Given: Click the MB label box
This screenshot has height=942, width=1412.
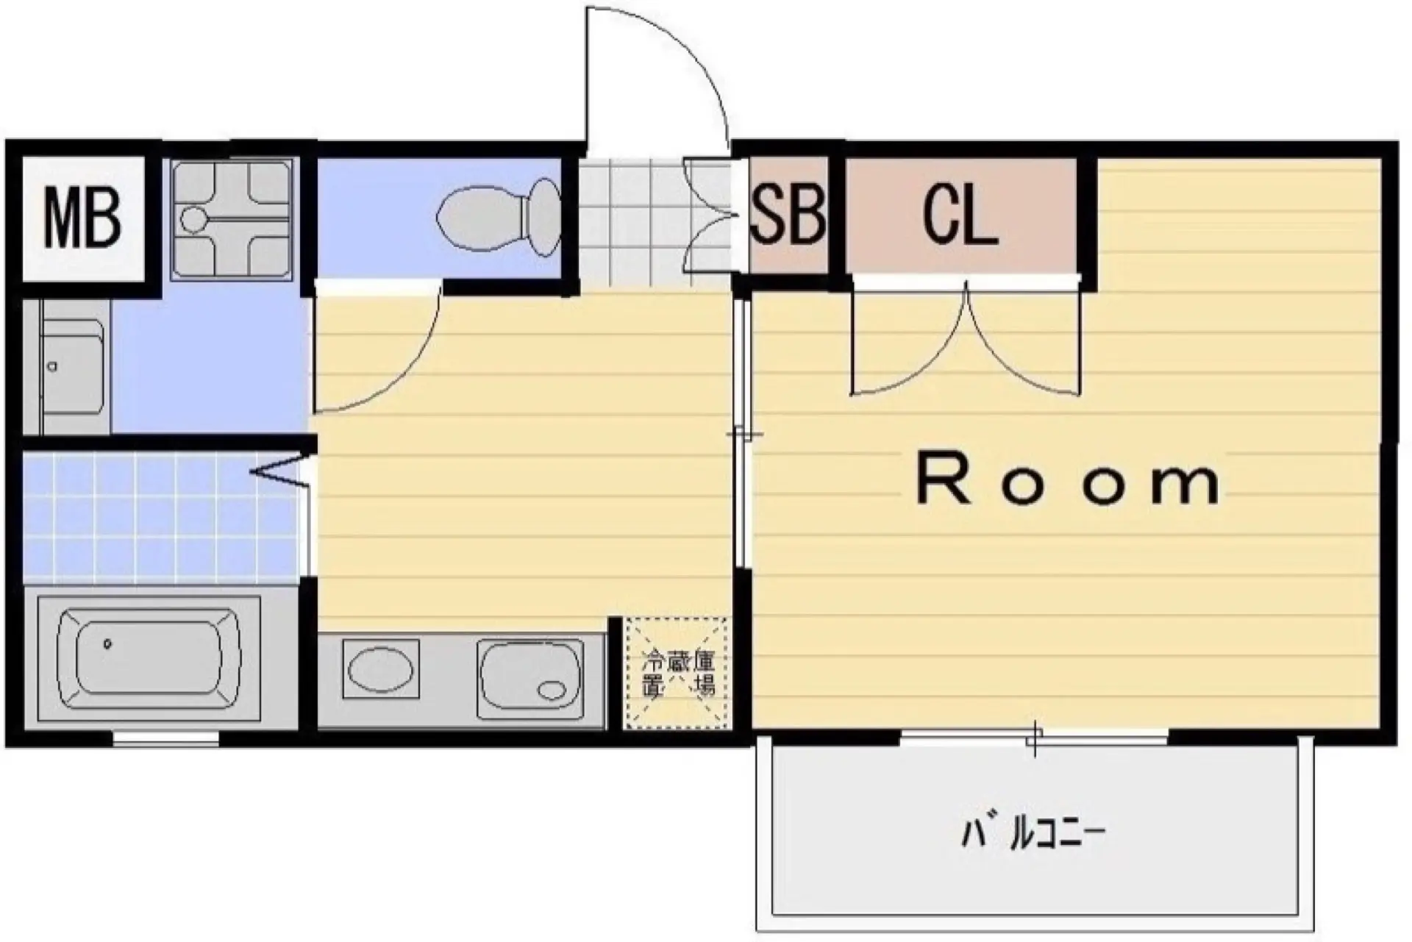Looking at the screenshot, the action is [82, 218].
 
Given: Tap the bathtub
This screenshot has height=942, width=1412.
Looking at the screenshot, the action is [149, 657].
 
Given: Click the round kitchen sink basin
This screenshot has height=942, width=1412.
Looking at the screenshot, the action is [380, 669].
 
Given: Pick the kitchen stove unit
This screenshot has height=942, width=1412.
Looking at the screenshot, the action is [530, 679].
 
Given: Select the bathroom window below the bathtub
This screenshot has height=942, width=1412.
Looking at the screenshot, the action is [166, 738].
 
